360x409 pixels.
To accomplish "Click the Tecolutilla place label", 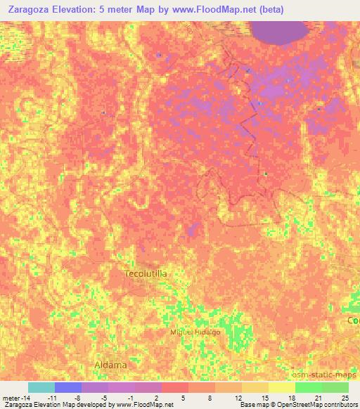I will (146, 274).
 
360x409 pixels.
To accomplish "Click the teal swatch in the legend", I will (41, 387).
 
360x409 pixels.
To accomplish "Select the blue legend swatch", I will (68, 387).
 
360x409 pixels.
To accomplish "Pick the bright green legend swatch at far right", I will (335, 387).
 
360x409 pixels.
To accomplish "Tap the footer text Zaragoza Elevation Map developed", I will (53, 405).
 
